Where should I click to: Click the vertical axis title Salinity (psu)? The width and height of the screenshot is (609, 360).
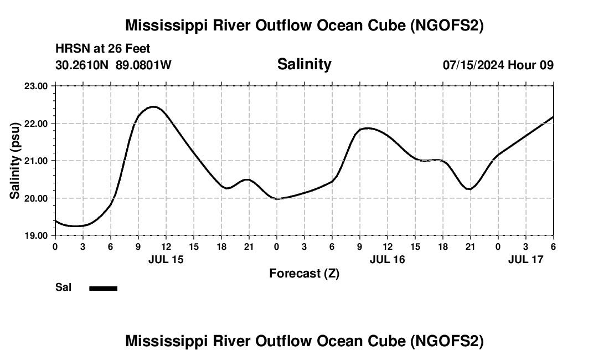point(15,161)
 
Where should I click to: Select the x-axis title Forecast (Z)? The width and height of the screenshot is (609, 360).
point(304,273)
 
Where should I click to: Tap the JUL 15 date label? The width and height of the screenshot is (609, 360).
point(166,259)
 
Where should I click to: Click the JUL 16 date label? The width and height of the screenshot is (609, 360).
point(388,259)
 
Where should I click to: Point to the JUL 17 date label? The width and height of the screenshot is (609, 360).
point(526,259)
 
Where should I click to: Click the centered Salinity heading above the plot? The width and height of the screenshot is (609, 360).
point(304,64)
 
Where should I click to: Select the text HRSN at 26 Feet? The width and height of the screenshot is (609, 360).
point(103,49)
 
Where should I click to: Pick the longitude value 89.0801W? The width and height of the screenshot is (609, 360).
point(143,65)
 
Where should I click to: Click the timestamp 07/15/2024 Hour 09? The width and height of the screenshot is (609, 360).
point(498,65)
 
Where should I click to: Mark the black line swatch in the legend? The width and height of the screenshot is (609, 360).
point(103,288)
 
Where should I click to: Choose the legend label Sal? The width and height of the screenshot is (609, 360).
point(64,287)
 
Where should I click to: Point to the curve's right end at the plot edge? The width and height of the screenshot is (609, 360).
point(553,117)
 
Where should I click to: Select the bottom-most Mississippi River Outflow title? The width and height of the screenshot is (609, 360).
point(304,341)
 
